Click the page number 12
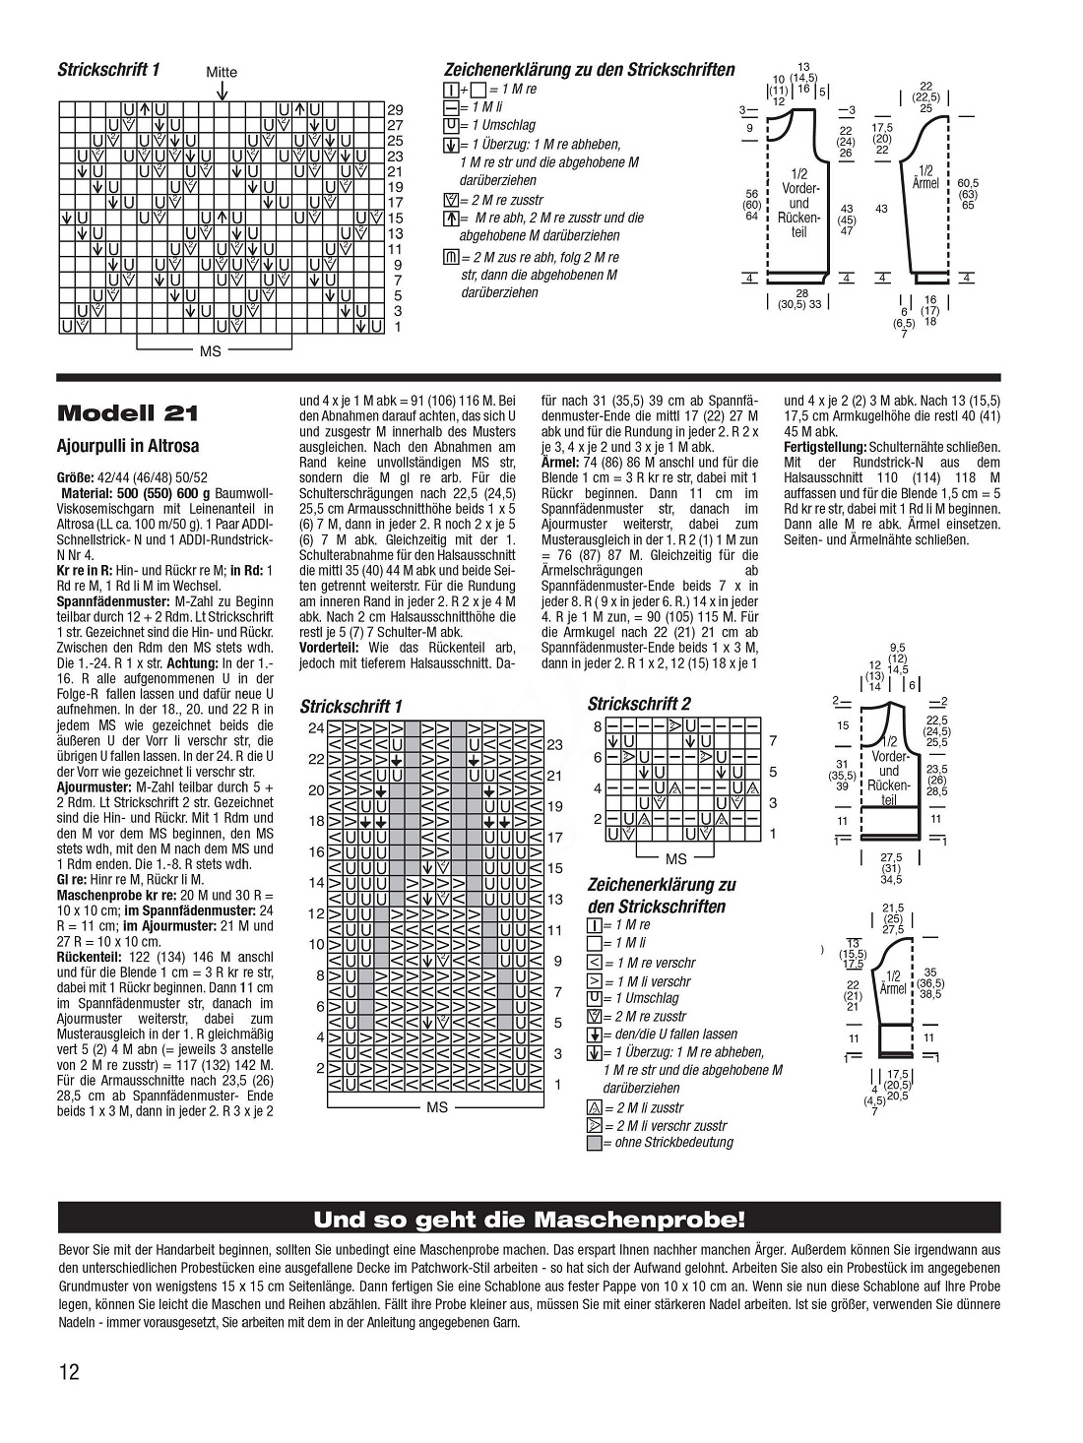click(68, 1372)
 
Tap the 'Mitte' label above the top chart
click(222, 72)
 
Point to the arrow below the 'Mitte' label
click(223, 90)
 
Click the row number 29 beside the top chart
click(395, 109)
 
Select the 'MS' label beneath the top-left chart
click(211, 350)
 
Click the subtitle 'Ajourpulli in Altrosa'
click(128, 446)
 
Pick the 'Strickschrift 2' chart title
click(639, 704)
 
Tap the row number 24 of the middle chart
click(316, 728)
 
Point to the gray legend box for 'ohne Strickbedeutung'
click(594, 1144)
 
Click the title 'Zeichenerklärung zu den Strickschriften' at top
click(589, 70)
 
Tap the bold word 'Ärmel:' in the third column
click(560, 462)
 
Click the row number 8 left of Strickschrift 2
click(597, 726)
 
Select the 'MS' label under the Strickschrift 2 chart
click(675, 859)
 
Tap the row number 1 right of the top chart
click(397, 327)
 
